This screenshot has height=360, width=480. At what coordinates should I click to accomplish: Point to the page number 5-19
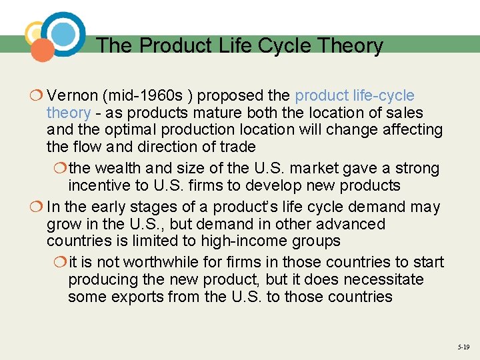[x=463, y=347]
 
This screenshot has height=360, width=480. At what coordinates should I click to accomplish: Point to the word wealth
[x=119, y=168]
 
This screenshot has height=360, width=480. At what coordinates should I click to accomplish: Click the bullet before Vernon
[x=37, y=96]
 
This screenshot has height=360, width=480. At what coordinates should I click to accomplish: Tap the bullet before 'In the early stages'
[x=37, y=207]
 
